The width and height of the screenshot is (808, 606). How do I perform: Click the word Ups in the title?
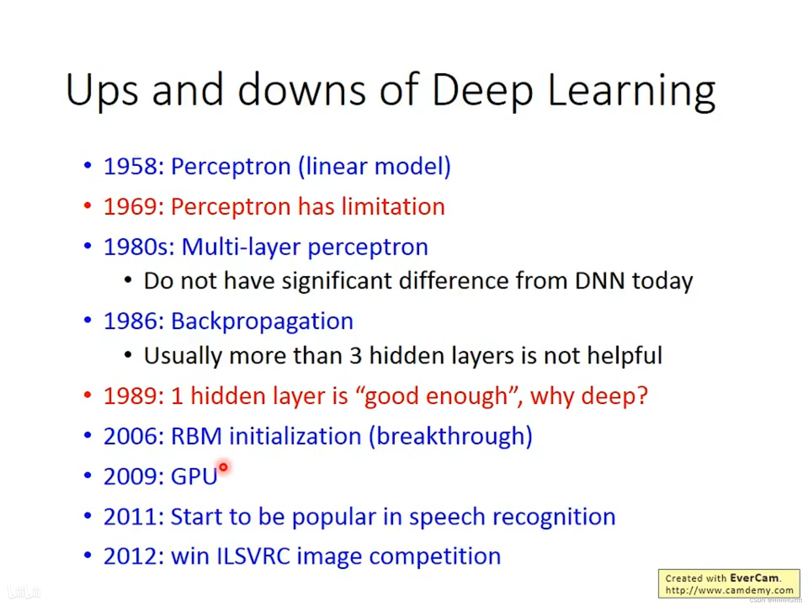(102, 91)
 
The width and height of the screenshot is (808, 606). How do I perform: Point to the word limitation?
(393, 207)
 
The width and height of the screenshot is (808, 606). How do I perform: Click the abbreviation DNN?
(599, 281)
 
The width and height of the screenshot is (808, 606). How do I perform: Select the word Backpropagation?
(262, 322)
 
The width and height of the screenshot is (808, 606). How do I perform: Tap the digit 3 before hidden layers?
(355, 356)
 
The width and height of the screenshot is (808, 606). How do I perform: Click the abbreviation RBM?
(196, 436)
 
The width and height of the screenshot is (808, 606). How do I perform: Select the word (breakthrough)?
(450, 436)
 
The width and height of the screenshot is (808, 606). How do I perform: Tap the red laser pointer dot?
(223, 467)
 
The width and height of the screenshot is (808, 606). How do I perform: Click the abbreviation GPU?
(194, 476)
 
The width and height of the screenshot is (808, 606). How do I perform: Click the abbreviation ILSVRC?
(253, 557)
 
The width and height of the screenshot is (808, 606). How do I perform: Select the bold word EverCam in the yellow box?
(754, 578)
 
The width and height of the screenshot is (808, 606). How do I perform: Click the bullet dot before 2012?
(88, 556)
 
